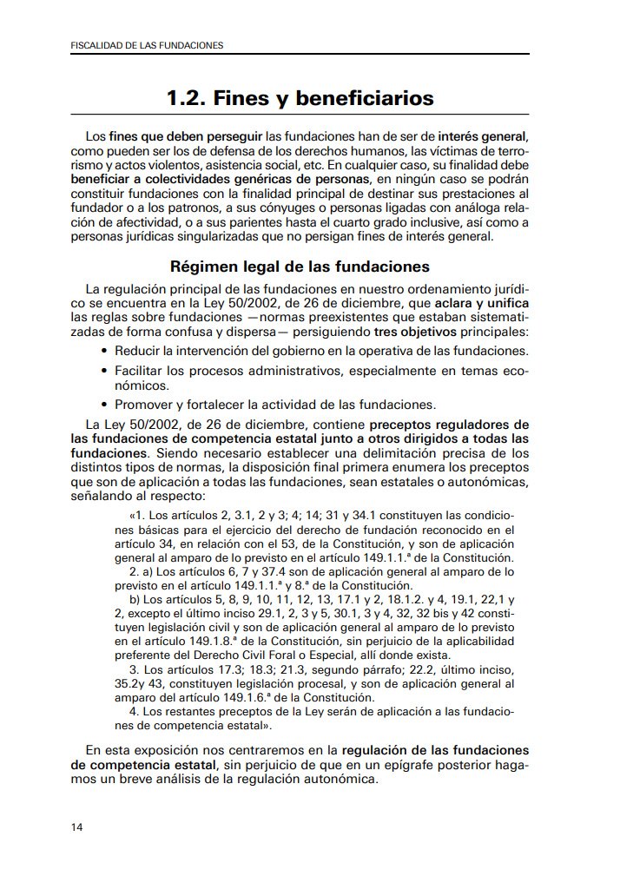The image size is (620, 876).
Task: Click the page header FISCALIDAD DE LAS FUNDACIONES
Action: click(146, 44)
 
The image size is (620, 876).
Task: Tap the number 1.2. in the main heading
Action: click(188, 99)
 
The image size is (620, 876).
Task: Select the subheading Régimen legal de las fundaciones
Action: click(300, 266)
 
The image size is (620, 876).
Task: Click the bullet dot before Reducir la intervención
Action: click(105, 351)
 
